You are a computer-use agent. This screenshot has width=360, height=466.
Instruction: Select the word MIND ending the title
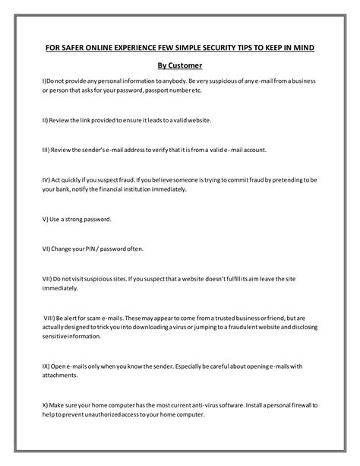pos(302,48)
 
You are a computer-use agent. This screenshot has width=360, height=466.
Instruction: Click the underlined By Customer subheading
pos(179,65)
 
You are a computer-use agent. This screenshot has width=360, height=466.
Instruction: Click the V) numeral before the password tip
pos(46,219)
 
